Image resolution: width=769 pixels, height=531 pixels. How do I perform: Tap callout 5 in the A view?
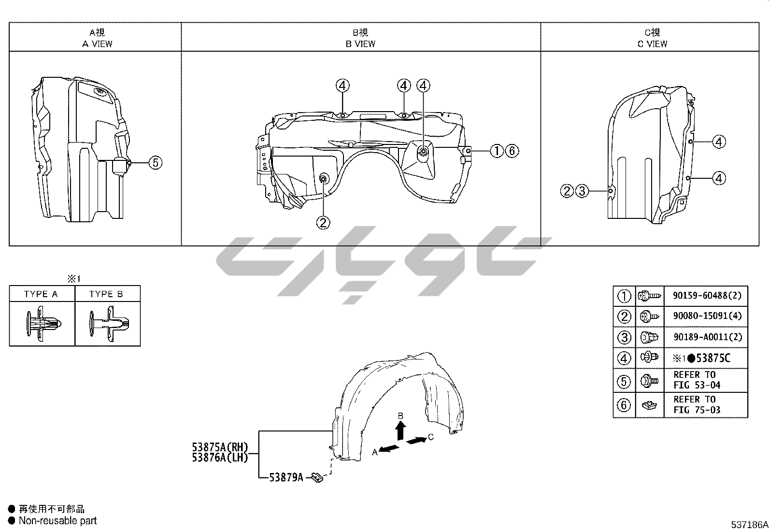(x=156, y=162)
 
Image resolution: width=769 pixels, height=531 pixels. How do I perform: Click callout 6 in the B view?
(x=512, y=151)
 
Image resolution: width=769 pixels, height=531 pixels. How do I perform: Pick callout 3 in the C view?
(x=582, y=191)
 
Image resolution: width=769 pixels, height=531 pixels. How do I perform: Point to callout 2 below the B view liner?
(x=323, y=223)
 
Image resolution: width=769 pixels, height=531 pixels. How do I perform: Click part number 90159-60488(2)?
(x=707, y=295)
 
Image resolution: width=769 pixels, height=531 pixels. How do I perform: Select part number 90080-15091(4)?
(x=707, y=316)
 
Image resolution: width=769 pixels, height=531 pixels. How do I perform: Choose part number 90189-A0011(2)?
(x=708, y=337)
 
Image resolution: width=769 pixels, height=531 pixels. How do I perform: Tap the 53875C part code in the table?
(x=713, y=358)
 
